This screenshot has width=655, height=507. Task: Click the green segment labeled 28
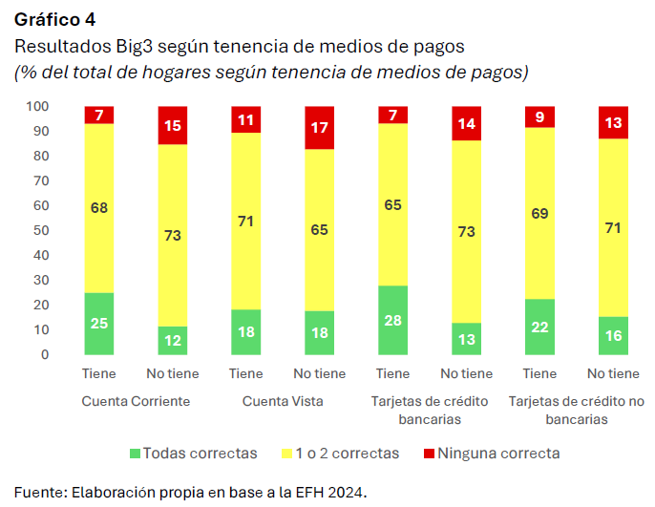click(x=393, y=320)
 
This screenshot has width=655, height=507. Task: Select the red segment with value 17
click(x=320, y=128)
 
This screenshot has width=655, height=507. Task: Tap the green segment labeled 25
click(x=99, y=324)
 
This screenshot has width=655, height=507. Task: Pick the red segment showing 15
click(x=173, y=125)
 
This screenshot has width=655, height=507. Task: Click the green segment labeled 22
click(x=540, y=327)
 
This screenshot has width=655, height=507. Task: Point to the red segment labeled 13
click(x=614, y=122)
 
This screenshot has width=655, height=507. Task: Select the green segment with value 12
click(x=173, y=341)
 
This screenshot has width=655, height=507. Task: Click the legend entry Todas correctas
click(x=199, y=453)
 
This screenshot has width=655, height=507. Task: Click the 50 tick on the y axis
click(x=42, y=230)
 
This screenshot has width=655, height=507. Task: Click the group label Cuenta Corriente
click(x=136, y=401)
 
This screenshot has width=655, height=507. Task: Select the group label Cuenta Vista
click(x=283, y=401)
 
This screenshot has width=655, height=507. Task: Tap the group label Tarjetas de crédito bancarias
click(x=430, y=410)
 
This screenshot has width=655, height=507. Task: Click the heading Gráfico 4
click(x=54, y=18)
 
